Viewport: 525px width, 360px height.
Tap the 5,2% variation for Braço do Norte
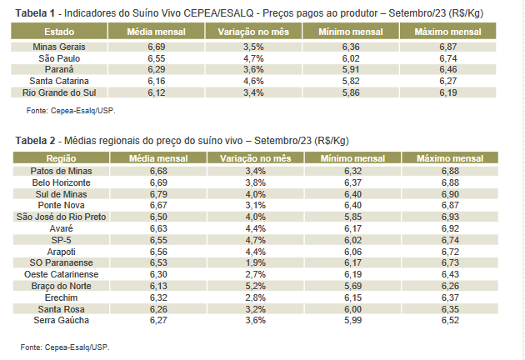point(255,285)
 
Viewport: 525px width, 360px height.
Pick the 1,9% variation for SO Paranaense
point(255,262)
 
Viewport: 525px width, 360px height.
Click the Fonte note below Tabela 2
point(65,346)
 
